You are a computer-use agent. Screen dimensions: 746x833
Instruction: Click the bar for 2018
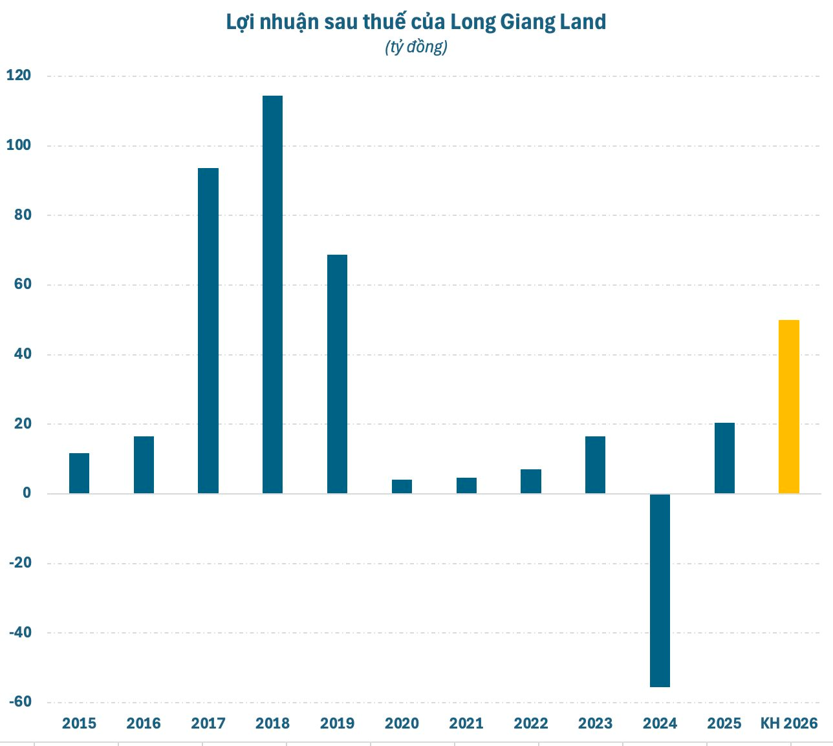pos(272,294)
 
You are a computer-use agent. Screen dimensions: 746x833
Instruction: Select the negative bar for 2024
pos(660,590)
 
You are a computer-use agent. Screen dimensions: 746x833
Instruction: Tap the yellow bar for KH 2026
pos(788,407)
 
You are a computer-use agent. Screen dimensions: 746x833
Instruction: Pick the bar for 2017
pos(208,330)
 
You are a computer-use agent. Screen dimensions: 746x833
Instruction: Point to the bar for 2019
pos(337,374)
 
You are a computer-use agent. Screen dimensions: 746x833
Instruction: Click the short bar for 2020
pos(402,486)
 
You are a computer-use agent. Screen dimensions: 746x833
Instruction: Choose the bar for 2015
pos(79,473)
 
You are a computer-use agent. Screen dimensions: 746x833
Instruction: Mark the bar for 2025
pos(724,458)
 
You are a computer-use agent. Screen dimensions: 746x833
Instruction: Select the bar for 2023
pos(595,465)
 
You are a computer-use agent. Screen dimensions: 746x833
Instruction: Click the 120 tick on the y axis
pos(18,76)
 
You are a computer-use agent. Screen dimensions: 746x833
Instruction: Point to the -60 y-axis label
pos(19,702)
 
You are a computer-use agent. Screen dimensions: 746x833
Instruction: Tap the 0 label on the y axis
pos(26,493)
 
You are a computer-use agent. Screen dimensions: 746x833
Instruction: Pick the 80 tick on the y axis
pos(22,215)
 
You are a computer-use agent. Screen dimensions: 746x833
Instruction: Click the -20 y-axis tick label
pos(19,563)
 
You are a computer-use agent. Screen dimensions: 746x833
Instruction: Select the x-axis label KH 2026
pos(788,723)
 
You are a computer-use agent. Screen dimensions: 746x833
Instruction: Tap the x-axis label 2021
pos(466,723)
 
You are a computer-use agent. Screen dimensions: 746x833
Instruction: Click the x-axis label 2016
pos(144,723)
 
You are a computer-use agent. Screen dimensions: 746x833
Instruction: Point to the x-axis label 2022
pos(531,723)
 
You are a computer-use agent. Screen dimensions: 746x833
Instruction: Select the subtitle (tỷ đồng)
pos(416,47)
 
